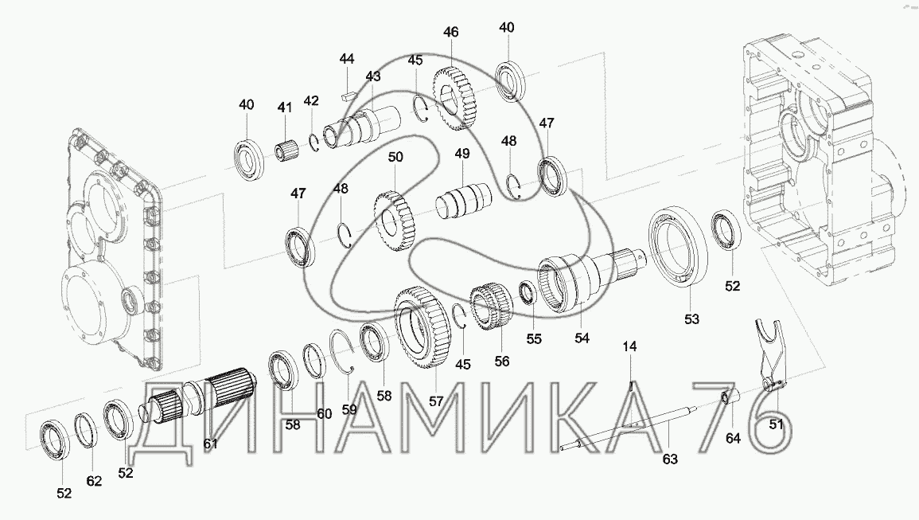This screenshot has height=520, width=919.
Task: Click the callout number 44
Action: pos(347,59)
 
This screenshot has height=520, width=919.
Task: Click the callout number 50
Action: pos(395,157)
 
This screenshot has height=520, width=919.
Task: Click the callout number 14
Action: pos(629,347)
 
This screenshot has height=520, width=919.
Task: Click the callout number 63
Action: pos(670,459)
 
